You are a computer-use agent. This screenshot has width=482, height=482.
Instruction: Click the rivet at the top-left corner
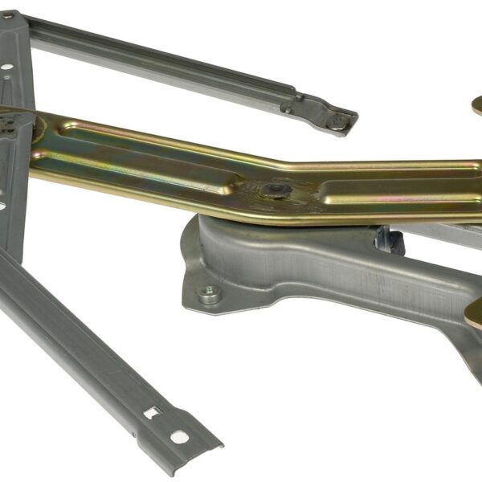(x=7, y=15)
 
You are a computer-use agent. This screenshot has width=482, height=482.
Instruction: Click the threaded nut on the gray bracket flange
(x=210, y=295)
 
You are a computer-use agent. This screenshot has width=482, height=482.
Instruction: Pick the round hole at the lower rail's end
(x=179, y=438)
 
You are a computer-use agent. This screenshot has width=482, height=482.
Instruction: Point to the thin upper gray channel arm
(x=161, y=56)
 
